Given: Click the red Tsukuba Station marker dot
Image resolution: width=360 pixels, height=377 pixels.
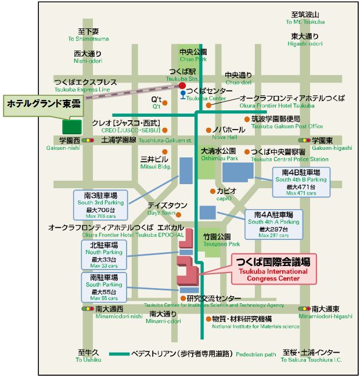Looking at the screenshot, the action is pos(182,85).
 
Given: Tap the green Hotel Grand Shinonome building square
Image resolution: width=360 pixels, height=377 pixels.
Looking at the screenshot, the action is pos(72,127).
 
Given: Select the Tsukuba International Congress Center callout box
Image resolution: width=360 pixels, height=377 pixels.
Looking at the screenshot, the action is pos(273,269).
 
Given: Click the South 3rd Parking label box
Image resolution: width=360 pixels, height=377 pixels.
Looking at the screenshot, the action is pos(100,205).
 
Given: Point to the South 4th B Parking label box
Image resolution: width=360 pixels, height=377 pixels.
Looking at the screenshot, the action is pos(301,182).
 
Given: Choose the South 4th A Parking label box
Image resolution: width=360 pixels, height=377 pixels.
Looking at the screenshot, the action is pos(273,225).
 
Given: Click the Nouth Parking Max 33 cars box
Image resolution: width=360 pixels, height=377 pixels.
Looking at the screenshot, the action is pos(104,255).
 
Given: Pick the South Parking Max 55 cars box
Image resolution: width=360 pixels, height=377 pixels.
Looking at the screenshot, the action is pos(104,288).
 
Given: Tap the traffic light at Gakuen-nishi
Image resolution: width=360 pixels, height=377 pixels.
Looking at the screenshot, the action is pos(88,140).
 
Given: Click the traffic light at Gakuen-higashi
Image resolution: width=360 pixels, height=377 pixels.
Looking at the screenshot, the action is pos(304,140).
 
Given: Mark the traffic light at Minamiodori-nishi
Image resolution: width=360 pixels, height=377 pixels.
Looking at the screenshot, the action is pos(88,308).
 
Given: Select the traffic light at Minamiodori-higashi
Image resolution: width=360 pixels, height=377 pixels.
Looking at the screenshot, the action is pos(304,308).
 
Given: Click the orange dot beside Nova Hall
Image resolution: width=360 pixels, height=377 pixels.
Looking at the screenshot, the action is pos(208,130).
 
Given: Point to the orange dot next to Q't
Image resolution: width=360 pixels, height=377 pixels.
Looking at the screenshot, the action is pos(165,103).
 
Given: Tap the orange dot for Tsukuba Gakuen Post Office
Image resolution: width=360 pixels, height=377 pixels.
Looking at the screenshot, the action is pos(247,119).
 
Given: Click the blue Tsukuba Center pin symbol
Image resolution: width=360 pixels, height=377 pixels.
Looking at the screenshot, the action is pos(183,95).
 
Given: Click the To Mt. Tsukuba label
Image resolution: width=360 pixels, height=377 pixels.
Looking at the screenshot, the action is pos(305,22).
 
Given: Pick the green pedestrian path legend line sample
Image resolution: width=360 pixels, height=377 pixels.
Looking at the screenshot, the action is pos(119,354).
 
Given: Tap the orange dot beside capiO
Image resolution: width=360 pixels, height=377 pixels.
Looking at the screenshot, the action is pos(213,191).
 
